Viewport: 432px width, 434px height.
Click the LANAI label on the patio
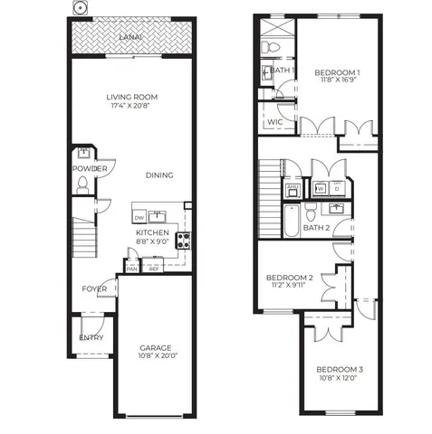(x=130, y=37)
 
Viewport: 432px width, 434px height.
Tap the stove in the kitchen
(x=184, y=241)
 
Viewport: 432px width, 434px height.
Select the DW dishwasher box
(x=139, y=218)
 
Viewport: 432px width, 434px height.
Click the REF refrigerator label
(x=154, y=269)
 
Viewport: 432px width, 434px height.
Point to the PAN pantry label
(x=132, y=269)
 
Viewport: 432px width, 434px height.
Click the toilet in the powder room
(x=82, y=184)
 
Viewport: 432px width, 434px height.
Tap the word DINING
(x=159, y=175)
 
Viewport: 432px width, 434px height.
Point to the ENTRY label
(x=91, y=338)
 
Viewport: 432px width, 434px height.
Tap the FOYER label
(x=94, y=289)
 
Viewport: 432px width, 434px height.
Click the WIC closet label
(x=276, y=121)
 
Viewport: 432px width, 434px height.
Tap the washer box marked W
(x=321, y=189)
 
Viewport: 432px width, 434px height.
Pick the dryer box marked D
(x=337, y=189)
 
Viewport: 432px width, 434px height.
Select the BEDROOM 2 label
(x=289, y=277)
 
